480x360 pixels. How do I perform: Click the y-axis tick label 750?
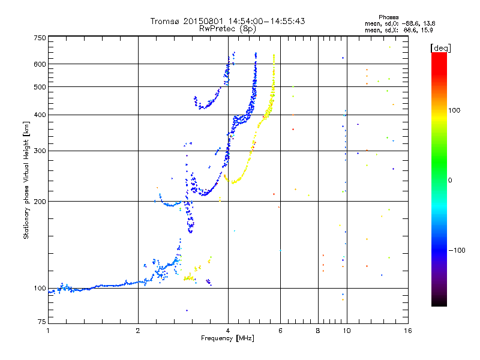(40, 37)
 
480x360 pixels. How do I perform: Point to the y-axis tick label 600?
(40, 64)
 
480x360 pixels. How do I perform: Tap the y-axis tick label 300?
(40, 151)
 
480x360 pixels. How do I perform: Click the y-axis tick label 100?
(40, 288)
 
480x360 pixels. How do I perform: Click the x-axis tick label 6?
(280, 331)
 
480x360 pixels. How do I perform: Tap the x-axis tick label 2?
(138, 331)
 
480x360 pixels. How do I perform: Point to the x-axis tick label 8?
(318, 331)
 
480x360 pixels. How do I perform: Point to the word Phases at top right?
(390, 17)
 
